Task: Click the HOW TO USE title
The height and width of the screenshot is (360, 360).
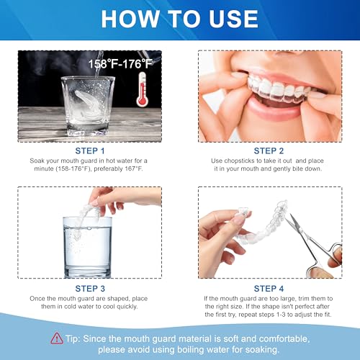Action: pos(180,19)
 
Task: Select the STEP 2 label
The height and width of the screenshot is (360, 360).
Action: pos(270,150)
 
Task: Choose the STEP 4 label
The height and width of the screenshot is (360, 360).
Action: pos(270,287)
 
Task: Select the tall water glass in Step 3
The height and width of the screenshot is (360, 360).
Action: pos(88,248)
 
